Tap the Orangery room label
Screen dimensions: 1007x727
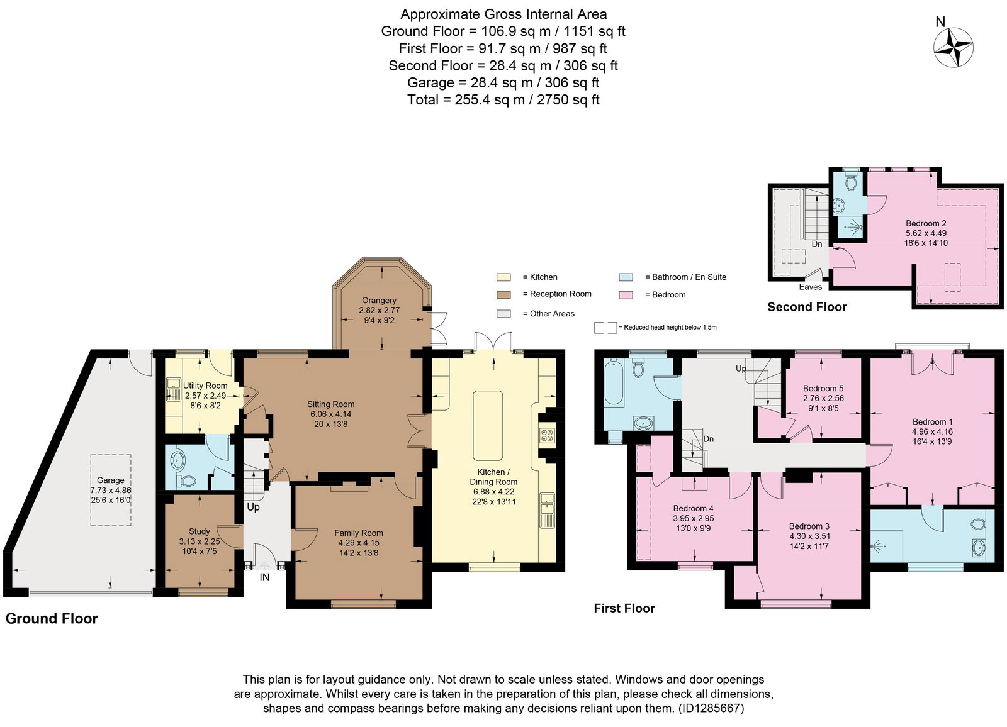click(x=379, y=300)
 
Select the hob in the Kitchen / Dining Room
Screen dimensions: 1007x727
click(x=547, y=435)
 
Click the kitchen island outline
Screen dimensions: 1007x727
click(x=488, y=426)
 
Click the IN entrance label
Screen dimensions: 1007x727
click(x=264, y=577)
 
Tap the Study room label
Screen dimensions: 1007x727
click(x=199, y=531)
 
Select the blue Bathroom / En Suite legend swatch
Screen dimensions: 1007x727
click(x=626, y=277)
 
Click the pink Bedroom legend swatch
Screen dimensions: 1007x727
click(x=626, y=295)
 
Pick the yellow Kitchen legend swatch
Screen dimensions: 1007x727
click(x=503, y=277)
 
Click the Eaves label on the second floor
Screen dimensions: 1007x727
click(x=810, y=287)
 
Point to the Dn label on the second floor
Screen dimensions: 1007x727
click(x=817, y=244)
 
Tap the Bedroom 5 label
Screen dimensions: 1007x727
click(x=823, y=388)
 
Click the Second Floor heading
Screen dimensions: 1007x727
click(x=807, y=307)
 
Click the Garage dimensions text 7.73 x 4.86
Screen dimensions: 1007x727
click(x=111, y=490)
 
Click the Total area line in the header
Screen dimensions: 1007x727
click(x=503, y=99)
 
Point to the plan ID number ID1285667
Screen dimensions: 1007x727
click(x=711, y=708)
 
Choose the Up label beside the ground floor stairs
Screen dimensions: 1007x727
click(x=253, y=507)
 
